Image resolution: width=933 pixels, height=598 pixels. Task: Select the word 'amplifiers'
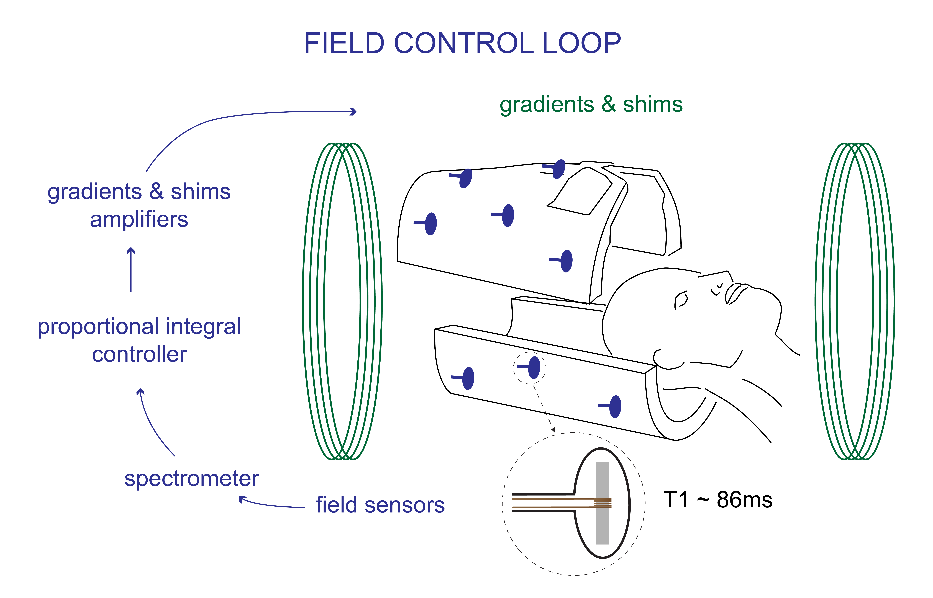coord(139,220)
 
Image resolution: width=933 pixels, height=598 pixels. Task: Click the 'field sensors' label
coord(380,505)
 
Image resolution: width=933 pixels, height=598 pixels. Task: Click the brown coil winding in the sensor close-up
coord(603,503)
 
